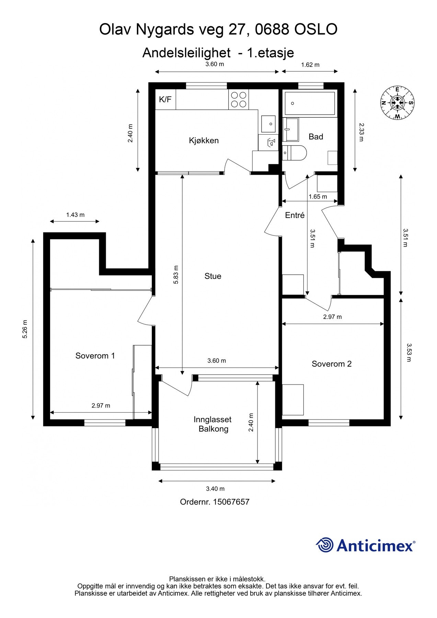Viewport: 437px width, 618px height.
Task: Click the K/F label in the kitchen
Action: (165, 100)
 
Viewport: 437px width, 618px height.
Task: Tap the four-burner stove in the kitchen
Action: (238, 100)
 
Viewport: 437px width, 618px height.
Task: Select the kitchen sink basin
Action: (268, 124)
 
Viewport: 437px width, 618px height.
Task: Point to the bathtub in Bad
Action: (310, 103)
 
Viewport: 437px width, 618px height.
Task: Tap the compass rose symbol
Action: (397, 103)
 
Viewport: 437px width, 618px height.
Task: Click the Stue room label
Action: (213, 276)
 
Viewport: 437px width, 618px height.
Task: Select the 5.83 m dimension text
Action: (176, 274)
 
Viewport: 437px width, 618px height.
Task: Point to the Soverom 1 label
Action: (95, 356)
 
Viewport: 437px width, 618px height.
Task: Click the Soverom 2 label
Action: (332, 364)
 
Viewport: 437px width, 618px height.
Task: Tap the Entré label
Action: (295, 215)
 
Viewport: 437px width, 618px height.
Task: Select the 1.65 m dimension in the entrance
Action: (318, 197)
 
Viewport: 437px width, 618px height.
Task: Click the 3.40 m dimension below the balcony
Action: (215, 489)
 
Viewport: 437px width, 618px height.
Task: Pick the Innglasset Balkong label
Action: (213, 424)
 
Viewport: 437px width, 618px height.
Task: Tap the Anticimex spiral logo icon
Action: (324, 545)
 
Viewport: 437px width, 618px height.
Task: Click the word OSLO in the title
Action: (315, 30)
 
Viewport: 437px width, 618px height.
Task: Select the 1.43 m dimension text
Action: (75, 215)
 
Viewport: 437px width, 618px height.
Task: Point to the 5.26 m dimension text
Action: (25, 329)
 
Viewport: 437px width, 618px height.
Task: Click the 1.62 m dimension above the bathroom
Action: (310, 65)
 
